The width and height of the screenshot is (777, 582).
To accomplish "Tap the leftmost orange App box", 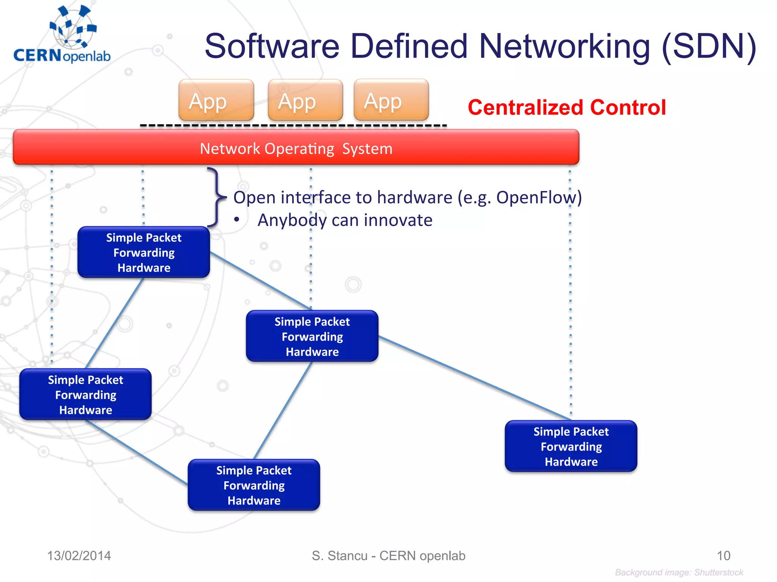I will pos(216,100).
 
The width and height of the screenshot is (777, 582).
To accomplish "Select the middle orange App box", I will pos(305,100).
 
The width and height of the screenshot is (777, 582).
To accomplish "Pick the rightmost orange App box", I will pos(391,100).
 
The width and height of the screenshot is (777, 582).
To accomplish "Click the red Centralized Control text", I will pos(567,107).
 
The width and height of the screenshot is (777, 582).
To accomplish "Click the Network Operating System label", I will pos(296,149).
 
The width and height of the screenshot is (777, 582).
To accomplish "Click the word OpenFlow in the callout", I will pos(536,197).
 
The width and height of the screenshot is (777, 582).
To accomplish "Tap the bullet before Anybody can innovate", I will pos(237,220).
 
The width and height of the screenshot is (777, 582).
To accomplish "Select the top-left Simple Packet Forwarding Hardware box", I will pos(144,252).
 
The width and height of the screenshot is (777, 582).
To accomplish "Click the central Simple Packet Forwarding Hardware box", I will pos(312,336).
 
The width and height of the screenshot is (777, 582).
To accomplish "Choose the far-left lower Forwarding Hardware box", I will pos(85,394).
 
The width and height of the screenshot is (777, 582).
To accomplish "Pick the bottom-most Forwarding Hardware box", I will pos(254,485).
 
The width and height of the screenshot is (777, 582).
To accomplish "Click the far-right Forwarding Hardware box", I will pos(571,446).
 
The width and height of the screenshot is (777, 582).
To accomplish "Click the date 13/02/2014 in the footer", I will pos(79,555).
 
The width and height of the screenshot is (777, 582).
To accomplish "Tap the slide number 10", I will pos(723,555).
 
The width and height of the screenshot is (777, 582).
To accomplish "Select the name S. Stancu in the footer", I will pos(339,555).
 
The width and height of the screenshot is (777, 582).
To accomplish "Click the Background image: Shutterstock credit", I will pos(679,572).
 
